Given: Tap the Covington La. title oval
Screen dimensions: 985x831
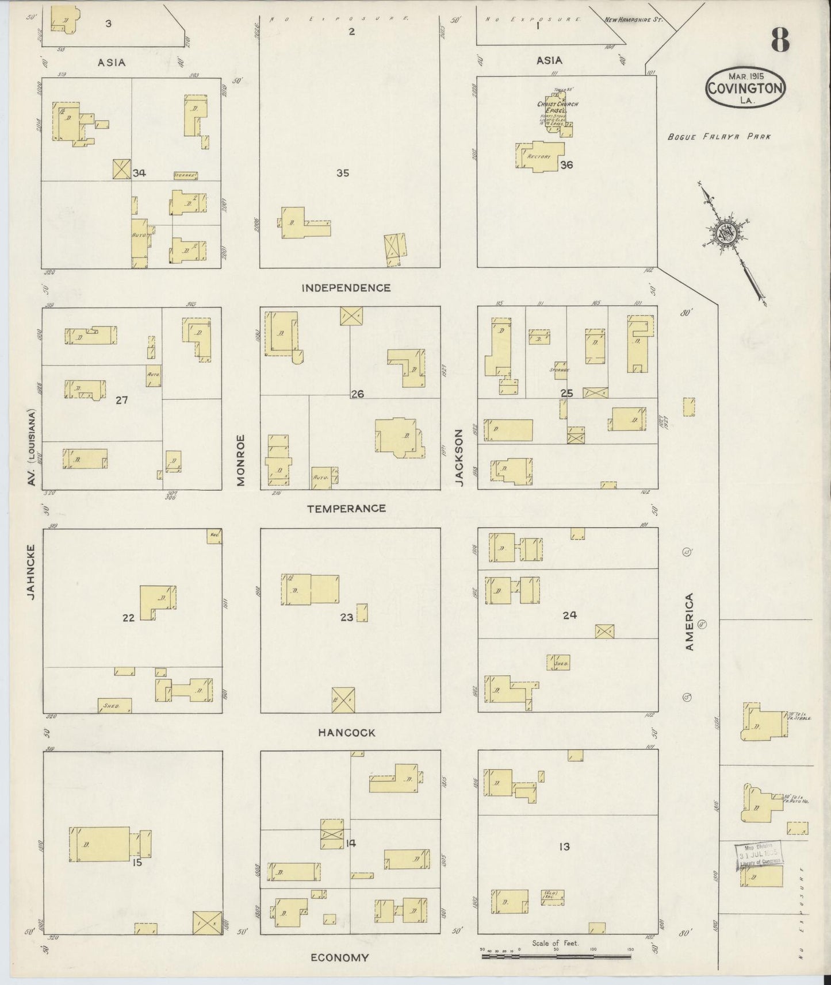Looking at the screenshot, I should [745, 88].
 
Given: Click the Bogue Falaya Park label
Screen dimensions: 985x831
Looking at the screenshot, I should [718, 137].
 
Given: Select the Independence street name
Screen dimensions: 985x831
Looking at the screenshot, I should [346, 288].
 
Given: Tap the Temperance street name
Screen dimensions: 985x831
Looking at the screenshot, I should [346, 509].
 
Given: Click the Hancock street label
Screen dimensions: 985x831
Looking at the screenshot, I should [347, 733].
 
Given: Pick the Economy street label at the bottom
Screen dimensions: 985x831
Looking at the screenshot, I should [339, 958].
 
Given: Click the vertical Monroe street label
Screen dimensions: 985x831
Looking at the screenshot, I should [241, 460].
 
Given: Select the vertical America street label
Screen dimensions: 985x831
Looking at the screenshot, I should [689, 622].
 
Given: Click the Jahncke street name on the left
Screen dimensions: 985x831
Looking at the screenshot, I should [31, 572].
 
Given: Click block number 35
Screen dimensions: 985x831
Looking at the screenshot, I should [343, 173].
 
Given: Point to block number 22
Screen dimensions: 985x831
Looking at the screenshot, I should [128, 618].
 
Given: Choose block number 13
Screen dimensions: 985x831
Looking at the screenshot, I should [564, 847].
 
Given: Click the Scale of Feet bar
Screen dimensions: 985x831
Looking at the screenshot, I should [556, 956].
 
